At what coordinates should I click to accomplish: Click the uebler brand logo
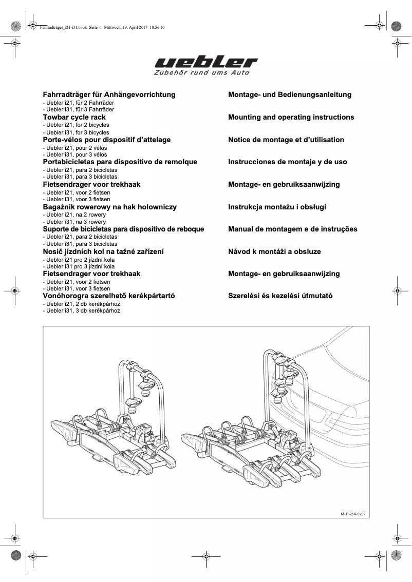tap(206, 63)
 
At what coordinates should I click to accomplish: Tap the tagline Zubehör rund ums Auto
tap(201, 73)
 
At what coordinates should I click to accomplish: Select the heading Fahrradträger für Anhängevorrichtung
tap(109, 94)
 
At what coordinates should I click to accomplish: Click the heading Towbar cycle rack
tap(74, 117)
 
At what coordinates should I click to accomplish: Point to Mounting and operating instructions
tap(291, 117)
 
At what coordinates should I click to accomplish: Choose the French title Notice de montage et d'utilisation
tap(286, 140)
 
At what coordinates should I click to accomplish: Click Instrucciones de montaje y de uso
tap(287, 162)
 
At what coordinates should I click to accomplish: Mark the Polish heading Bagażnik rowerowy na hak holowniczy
tap(109, 207)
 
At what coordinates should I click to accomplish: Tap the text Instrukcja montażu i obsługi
tap(277, 207)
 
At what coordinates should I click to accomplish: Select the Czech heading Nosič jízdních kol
tap(103, 251)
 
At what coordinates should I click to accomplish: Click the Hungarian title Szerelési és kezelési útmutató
tap(280, 296)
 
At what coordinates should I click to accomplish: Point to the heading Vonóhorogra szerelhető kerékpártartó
tap(109, 296)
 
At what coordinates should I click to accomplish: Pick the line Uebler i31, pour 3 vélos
tap(75, 154)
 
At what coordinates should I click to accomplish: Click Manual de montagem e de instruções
tap(292, 229)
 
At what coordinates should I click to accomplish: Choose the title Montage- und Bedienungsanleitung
tap(290, 94)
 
